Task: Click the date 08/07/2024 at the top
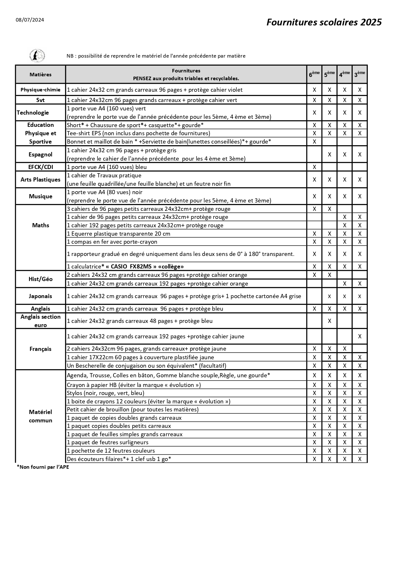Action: tap(30, 20)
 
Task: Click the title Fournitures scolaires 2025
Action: tap(324, 22)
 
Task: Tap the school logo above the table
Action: tap(37, 56)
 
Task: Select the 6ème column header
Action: tap(314, 74)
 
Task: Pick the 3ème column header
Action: tap(359, 74)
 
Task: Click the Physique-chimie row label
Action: tap(41, 90)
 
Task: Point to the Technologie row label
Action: tap(33, 112)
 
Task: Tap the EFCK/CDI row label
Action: tap(41, 167)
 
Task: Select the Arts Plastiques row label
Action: tap(41, 180)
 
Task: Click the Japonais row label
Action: tap(41, 296)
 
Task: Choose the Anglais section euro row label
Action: tap(41, 321)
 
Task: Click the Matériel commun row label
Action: tap(41, 416)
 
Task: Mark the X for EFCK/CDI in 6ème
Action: tap(314, 167)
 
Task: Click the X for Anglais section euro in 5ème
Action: tap(330, 321)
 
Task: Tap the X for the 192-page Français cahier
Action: tap(360, 336)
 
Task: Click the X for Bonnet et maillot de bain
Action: tap(314, 142)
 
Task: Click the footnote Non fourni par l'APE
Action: tap(43, 467)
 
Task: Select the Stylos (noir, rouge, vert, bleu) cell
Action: tap(105, 393)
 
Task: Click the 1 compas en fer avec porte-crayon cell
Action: tap(112, 242)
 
